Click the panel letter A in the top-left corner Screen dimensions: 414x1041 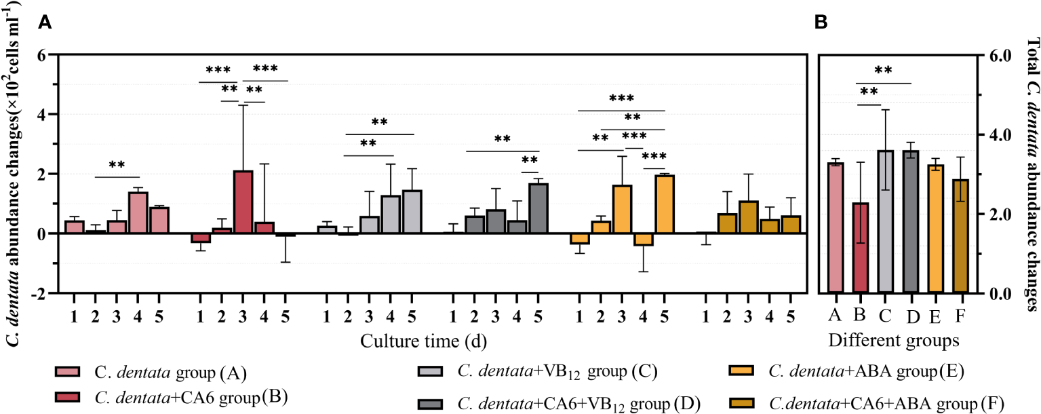pyautogui.click(x=45, y=23)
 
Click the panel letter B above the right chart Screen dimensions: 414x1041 pyautogui.click(x=821, y=23)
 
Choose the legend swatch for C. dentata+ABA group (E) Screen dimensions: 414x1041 pyautogui.click(x=739, y=371)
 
